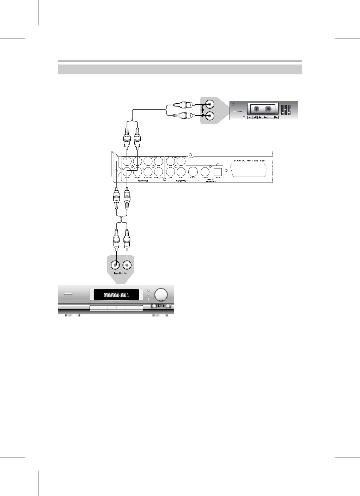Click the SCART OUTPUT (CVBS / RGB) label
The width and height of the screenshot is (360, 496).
point(249,161)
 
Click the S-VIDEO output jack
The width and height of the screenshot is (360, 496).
point(193,172)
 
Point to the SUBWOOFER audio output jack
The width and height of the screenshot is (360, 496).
point(159,172)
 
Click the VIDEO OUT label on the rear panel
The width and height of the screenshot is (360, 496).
point(182,181)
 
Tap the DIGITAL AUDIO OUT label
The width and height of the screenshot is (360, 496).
point(211,180)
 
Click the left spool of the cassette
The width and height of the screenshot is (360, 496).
point(256,109)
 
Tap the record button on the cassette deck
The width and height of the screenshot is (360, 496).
point(250,117)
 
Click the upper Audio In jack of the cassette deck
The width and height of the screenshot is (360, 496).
point(209,104)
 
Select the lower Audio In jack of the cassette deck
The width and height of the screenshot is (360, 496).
point(209,115)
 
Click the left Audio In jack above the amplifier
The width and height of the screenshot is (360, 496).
point(115,264)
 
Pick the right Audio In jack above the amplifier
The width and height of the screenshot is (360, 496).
point(127,264)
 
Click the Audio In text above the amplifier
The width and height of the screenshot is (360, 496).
point(120,273)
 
